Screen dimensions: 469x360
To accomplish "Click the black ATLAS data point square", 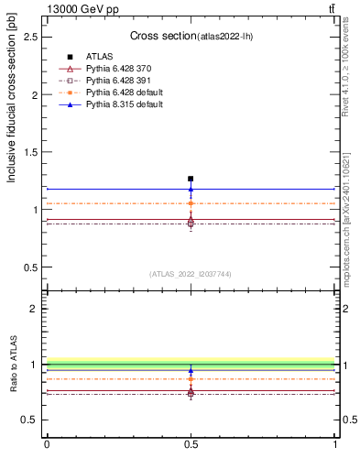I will (191, 179).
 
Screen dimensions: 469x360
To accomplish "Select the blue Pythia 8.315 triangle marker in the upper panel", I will (191, 190).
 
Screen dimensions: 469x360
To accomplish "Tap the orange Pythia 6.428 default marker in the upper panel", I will (191, 203).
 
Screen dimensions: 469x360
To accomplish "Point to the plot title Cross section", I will (160, 36).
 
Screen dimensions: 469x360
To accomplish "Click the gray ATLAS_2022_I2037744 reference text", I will (191, 274).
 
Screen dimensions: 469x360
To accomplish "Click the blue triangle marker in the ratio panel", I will (191, 372).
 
